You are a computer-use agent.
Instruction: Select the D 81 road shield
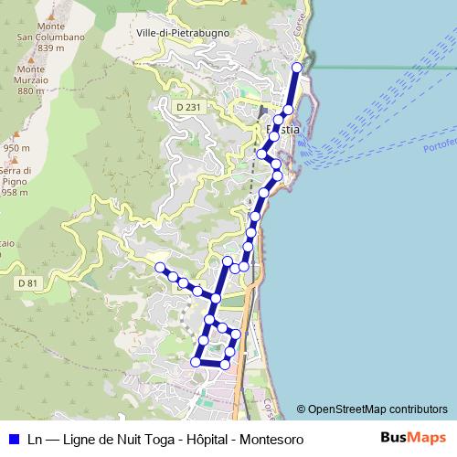click(x=27, y=283)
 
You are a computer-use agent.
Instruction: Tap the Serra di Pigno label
click(x=16, y=181)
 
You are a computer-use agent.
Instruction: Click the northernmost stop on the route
click(x=296, y=68)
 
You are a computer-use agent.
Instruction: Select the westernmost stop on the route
click(x=160, y=267)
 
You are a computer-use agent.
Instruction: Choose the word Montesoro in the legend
click(x=271, y=440)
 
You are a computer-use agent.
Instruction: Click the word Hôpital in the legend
click(x=203, y=440)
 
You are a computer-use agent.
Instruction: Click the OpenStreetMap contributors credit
click(x=377, y=409)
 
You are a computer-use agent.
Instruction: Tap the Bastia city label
click(x=282, y=131)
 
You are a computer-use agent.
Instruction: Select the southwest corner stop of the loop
click(x=195, y=363)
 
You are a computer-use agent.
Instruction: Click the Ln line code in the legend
click(x=35, y=440)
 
